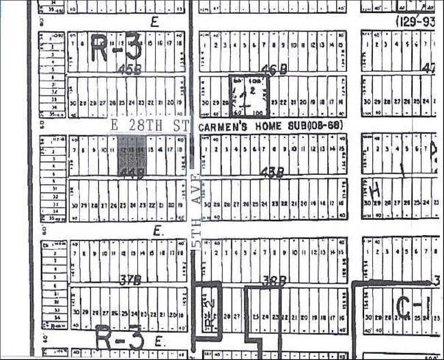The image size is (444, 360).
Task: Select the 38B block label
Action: [272, 279]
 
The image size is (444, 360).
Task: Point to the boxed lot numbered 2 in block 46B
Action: [252, 89]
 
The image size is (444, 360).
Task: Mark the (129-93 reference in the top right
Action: [417, 21]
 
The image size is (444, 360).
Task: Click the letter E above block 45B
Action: [154, 21]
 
